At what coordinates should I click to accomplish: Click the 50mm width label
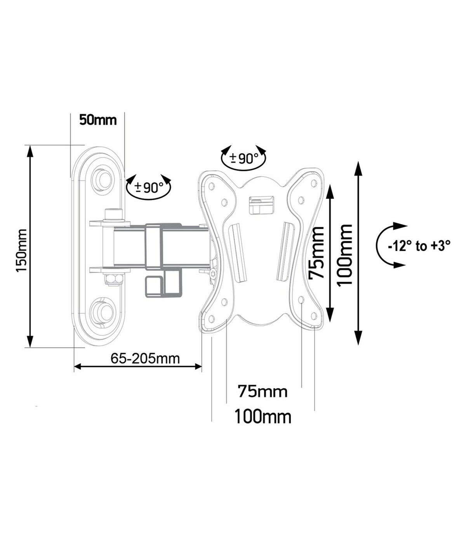point(98,120)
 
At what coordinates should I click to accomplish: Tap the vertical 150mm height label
point(22,251)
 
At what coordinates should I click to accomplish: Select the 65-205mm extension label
point(145,359)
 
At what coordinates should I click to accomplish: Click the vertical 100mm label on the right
point(345,255)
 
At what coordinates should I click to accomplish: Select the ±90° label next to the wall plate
point(149,187)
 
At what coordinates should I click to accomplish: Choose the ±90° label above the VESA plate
point(244,159)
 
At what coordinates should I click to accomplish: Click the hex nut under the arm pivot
point(113,280)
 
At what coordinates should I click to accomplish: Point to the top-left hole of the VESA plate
point(211,186)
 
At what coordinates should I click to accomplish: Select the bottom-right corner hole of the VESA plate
point(313,316)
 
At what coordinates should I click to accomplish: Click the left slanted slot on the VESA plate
point(238,253)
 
